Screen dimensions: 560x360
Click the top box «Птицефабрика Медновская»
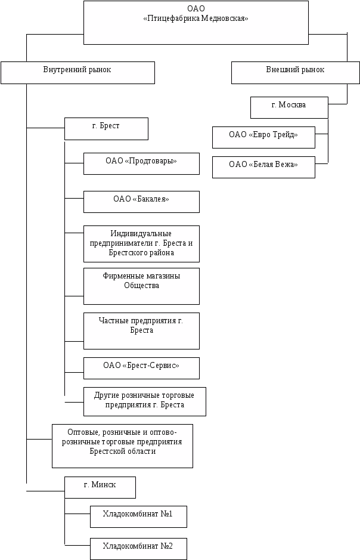(x=196, y=23)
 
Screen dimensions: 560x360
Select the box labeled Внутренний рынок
(x=77, y=72)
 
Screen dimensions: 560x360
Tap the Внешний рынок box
(x=295, y=72)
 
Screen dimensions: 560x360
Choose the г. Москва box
(x=289, y=107)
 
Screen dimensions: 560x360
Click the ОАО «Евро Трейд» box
(x=263, y=137)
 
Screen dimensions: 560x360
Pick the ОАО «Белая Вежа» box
(x=263, y=166)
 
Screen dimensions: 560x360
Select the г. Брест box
(x=105, y=128)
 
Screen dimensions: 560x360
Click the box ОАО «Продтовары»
(x=141, y=163)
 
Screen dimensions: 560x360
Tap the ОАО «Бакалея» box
(x=141, y=202)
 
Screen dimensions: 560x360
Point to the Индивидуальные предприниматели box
(x=141, y=243)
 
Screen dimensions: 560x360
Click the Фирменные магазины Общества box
(x=141, y=286)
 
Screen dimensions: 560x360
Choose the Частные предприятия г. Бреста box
(x=141, y=330)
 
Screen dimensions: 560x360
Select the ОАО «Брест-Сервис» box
(x=141, y=367)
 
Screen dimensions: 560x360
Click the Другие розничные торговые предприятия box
(x=145, y=401)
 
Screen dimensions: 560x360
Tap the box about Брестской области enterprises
(x=122, y=445)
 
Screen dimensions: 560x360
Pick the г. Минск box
(x=100, y=487)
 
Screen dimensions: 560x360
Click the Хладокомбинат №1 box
(x=138, y=516)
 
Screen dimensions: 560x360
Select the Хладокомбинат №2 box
(x=138, y=548)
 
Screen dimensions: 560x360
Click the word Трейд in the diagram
(x=283, y=135)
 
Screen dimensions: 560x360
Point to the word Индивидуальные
(x=141, y=233)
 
